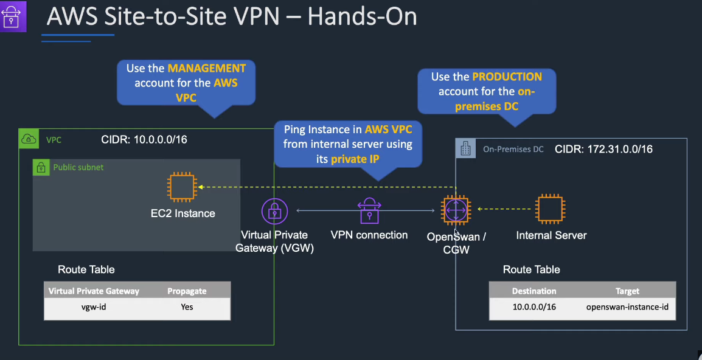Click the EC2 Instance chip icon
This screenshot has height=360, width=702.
(x=182, y=187)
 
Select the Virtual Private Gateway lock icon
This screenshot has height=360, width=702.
(x=274, y=211)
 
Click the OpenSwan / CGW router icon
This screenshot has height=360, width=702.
(x=456, y=210)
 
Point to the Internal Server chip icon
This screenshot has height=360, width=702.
(x=551, y=209)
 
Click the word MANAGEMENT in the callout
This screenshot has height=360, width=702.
(x=207, y=68)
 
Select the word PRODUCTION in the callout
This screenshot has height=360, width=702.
(x=507, y=77)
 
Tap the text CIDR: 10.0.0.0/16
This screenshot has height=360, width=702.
(x=144, y=140)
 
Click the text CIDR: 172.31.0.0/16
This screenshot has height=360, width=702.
(x=603, y=148)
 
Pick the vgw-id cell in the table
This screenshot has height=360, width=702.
(x=94, y=306)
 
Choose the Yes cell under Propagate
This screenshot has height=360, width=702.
(x=187, y=306)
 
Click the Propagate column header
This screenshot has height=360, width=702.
(x=187, y=291)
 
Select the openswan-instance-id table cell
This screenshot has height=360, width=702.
(x=627, y=307)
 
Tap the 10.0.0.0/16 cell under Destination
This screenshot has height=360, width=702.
(x=534, y=307)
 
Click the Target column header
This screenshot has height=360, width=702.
(x=627, y=291)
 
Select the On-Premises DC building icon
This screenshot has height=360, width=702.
(x=465, y=148)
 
